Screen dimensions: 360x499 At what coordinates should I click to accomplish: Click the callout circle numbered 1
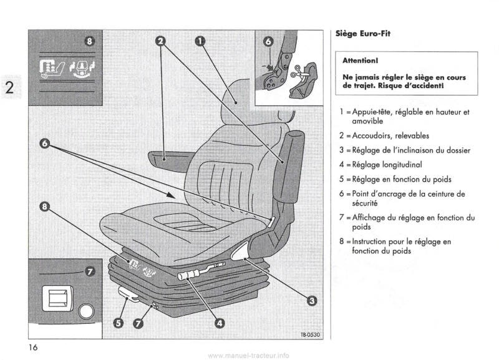[200, 42]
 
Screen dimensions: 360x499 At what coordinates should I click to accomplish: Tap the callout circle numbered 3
[310, 301]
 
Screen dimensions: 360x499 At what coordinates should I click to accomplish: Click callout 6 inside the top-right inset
[269, 42]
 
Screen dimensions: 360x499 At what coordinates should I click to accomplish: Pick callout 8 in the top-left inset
[89, 42]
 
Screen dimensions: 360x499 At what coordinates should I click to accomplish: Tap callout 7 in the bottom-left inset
[89, 272]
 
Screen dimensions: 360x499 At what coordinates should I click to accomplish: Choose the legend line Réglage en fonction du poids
[397, 180]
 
